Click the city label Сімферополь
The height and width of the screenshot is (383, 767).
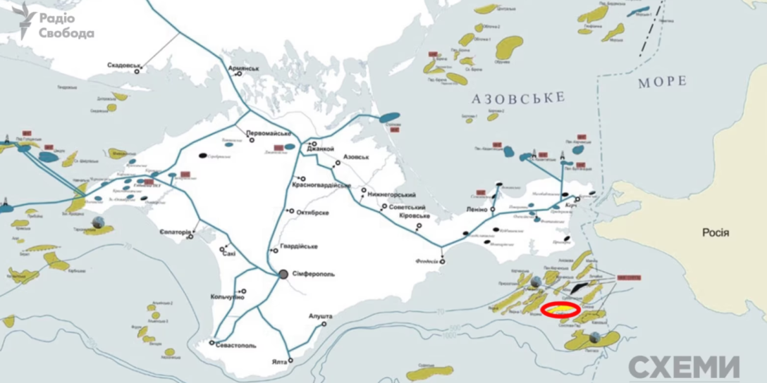pyautogui.click(x=311, y=274)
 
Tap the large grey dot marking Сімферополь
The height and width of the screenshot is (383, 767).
pyautogui.click(x=283, y=274)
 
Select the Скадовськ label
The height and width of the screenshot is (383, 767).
pyautogui.click(x=124, y=65)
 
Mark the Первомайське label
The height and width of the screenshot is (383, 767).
pyautogui.click(x=269, y=133)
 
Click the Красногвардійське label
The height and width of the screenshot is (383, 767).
pyautogui.click(x=321, y=184)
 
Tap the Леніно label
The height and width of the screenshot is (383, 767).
pyautogui.click(x=477, y=210)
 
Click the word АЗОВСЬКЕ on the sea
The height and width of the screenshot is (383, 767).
pyautogui.click(x=517, y=98)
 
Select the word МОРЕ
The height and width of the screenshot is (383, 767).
pyautogui.click(x=662, y=82)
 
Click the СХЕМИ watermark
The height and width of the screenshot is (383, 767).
pyautogui.click(x=684, y=368)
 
